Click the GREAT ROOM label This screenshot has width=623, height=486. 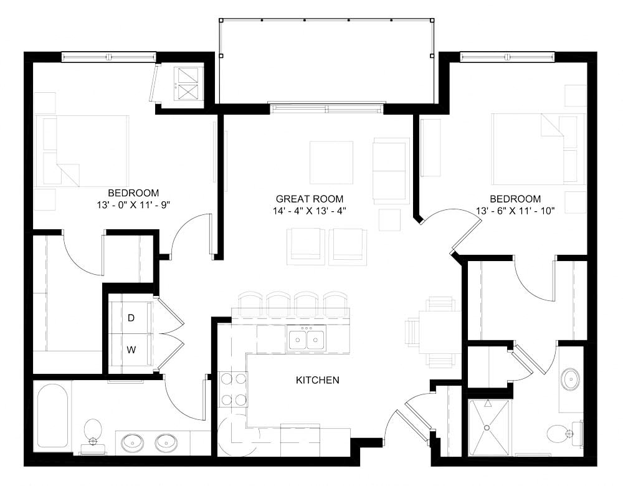[310, 199]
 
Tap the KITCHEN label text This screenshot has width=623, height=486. [318, 379]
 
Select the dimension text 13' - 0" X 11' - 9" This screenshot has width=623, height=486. [133, 204]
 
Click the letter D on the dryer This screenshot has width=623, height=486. [131, 318]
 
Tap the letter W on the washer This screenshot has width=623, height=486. [131, 350]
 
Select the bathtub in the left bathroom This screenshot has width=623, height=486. [51, 416]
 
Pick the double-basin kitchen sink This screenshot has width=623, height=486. [307, 339]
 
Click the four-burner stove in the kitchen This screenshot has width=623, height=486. [232, 389]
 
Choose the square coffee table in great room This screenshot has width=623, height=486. [331, 163]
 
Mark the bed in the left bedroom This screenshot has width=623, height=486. [84, 151]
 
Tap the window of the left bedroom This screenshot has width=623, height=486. [108, 57]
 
